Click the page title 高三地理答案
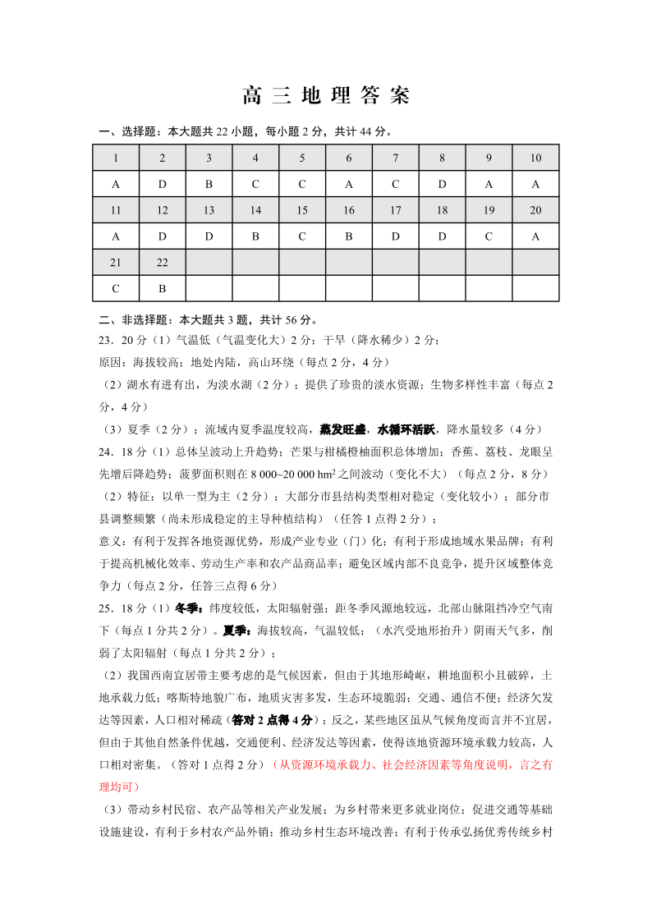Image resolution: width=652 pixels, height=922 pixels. pyautogui.click(x=326, y=96)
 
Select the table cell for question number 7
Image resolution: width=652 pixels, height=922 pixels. pyautogui.click(x=396, y=158)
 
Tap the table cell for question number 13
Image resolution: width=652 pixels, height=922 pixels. pyautogui.click(x=209, y=211)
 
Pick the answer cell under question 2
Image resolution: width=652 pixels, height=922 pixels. pyautogui.click(x=163, y=185)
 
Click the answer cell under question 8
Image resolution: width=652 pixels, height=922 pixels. pyautogui.click(x=442, y=185)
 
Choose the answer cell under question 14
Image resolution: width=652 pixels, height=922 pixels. pyautogui.click(x=255, y=237)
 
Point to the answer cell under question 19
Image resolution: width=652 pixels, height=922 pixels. pyautogui.click(x=489, y=237)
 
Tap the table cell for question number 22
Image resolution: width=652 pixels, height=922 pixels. pyautogui.click(x=163, y=263)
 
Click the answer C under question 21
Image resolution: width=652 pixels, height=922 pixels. pyautogui.click(x=116, y=289)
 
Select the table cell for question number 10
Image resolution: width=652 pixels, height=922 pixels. pyautogui.click(x=535, y=158)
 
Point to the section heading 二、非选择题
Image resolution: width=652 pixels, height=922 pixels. pyautogui.click(x=131, y=319)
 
